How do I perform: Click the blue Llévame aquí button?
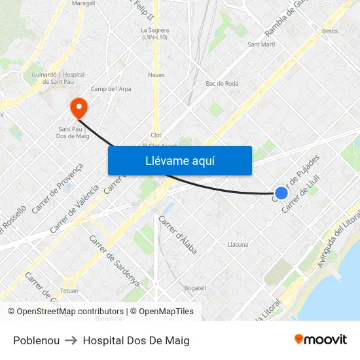(179, 160)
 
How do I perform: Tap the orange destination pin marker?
(79, 107)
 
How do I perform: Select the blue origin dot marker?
(281, 192)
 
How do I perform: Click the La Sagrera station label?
(154, 33)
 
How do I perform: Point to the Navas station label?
(156, 75)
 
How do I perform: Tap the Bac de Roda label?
(222, 84)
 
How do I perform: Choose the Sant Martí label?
(261, 45)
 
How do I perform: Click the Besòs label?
(330, 31)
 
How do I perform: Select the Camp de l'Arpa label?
(108, 89)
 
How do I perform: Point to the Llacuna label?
(238, 245)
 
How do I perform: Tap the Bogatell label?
(195, 288)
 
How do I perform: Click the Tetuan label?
(69, 291)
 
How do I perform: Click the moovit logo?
(320, 340)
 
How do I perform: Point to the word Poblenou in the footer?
(36, 340)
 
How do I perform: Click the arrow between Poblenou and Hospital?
(71, 340)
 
